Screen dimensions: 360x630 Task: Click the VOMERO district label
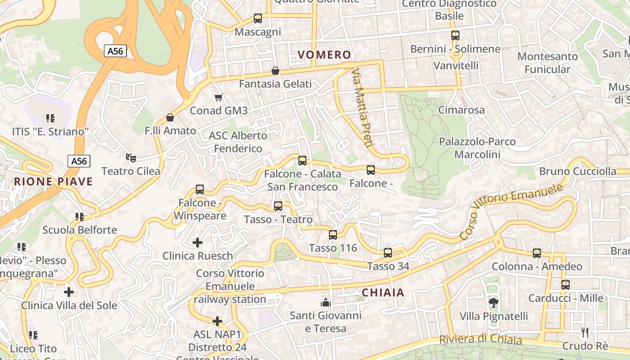(x=324, y=55)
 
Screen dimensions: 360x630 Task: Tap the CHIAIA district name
(x=383, y=292)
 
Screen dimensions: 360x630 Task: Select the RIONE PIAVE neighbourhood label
(x=53, y=182)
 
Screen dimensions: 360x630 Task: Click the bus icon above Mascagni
(x=258, y=18)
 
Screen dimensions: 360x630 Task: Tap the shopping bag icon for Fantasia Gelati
(x=275, y=71)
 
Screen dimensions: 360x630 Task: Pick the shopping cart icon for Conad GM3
(x=219, y=97)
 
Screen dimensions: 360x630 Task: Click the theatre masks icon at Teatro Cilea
(x=131, y=157)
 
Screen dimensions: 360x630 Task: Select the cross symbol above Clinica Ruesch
(x=198, y=243)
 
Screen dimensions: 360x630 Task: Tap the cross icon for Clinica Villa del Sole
(x=69, y=292)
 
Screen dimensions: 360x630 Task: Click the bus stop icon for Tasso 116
(x=333, y=234)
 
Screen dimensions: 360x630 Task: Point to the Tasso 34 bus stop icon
(x=388, y=253)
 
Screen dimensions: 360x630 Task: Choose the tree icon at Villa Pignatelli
(x=494, y=303)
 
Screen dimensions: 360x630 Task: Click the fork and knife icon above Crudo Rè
(x=585, y=333)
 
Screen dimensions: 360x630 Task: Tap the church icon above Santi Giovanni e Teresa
(x=325, y=302)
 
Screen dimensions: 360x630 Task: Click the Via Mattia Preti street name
(x=363, y=108)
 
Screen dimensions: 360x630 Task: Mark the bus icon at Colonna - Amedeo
(x=537, y=253)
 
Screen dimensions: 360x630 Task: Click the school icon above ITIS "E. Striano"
(x=50, y=118)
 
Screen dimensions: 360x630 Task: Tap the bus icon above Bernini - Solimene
(x=455, y=36)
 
